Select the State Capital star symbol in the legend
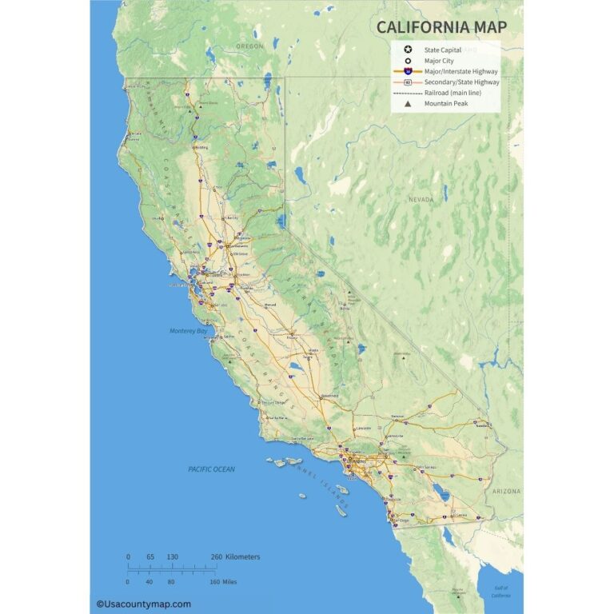coord(408,50)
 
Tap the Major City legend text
coord(441,60)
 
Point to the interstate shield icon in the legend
coord(408,71)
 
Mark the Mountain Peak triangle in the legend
coord(408,103)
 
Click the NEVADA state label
coord(421,199)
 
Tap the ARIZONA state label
coord(506,491)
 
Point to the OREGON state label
coord(249,46)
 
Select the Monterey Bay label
coord(188,330)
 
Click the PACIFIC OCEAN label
coord(212,469)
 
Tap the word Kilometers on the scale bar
coord(243,556)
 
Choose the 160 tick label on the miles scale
coord(214,581)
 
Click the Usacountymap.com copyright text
coord(144,604)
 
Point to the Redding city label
coord(201,147)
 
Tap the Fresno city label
coord(292,337)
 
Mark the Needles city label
coord(482,425)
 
